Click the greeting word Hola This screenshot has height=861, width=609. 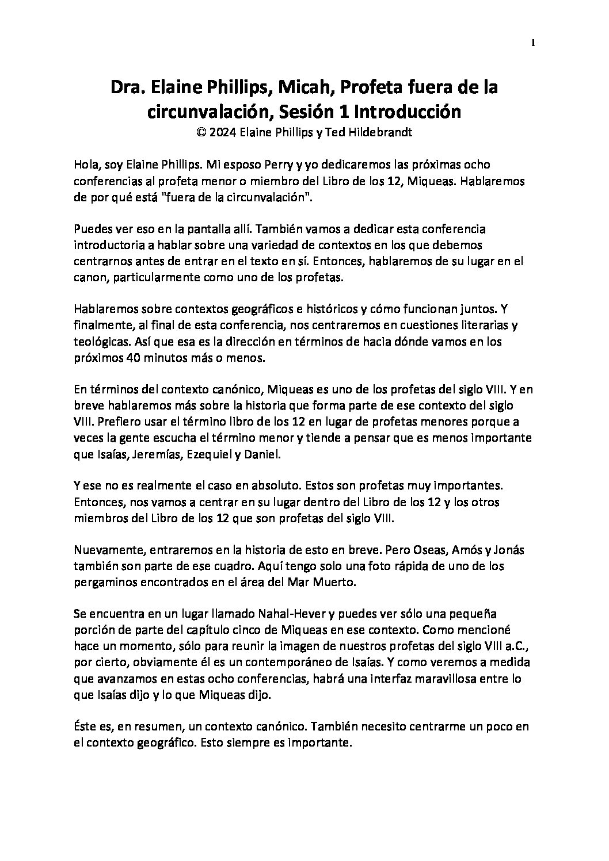click(86, 165)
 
